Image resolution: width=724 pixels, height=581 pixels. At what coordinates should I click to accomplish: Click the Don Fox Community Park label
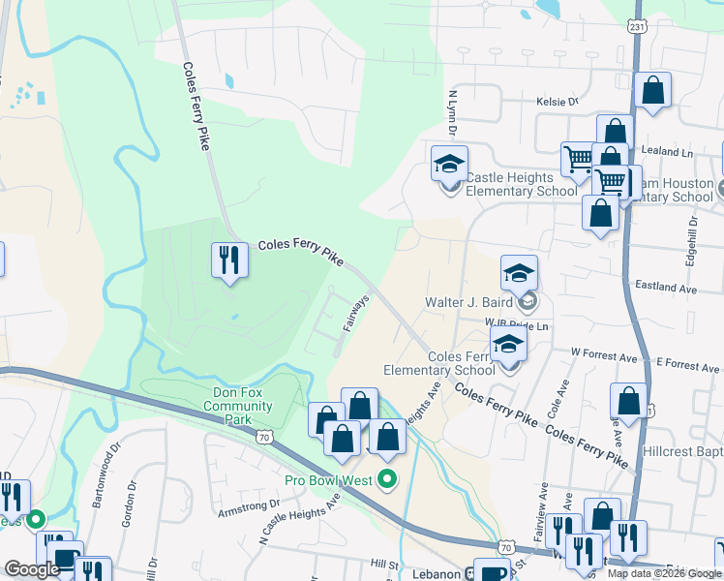click(x=237, y=406)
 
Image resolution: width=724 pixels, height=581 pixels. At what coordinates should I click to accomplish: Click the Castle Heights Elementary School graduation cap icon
click(x=449, y=165)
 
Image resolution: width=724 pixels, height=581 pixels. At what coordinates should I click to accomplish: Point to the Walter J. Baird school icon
click(x=520, y=274)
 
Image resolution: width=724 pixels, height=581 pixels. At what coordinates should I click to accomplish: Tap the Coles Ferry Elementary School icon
click(x=509, y=343)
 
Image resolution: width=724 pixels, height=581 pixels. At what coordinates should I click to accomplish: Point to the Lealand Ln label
click(x=669, y=153)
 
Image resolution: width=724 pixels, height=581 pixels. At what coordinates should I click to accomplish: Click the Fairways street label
click(x=356, y=313)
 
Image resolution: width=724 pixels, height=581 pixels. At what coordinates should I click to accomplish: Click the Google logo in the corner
click(x=31, y=569)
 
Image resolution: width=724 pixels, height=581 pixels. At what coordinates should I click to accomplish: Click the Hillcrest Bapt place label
click(x=682, y=451)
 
